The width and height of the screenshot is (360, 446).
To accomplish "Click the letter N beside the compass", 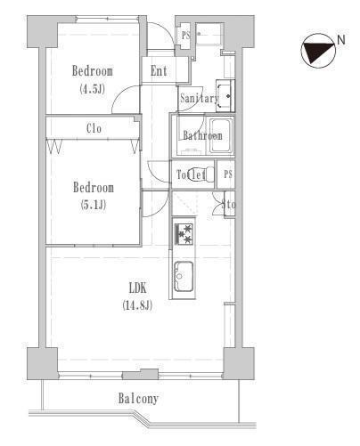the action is coord(341,40).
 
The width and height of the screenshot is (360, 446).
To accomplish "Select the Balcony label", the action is coord(138,399).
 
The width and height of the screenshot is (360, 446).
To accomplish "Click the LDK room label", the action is coord(138,288).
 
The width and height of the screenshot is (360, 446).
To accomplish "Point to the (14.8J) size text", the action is coord(137,305).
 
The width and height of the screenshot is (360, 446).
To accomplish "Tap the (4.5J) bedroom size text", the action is coord(93,89).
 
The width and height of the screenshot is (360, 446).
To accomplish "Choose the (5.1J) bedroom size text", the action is coord(94,205).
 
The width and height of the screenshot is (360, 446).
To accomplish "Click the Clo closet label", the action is coord(94,128).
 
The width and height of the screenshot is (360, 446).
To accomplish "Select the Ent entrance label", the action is coord(159,71).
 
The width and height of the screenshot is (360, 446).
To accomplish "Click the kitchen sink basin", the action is coord(184,276).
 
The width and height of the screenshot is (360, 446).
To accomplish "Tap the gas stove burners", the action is coord(184,234).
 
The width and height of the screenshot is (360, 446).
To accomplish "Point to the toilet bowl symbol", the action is coord(208,174).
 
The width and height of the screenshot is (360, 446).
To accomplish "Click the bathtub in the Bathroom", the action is coord(221,135).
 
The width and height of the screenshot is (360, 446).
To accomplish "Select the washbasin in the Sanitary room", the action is coord(225,96).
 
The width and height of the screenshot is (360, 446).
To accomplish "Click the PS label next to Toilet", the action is coord(228,174).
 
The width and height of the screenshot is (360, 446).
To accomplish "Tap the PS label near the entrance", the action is coord(186,36).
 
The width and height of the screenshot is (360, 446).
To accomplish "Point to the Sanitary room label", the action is coord(200,98).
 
